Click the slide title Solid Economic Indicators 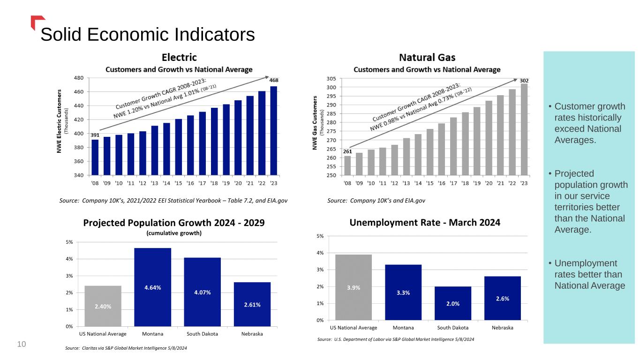coord(148,35)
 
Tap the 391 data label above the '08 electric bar coord(95,135)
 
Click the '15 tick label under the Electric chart coord(178,183)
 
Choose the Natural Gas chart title coord(427,58)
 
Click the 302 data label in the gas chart coord(524,81)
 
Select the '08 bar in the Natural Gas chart coord(347,165)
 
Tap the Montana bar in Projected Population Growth coord(152,287)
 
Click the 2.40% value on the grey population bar coord(103,307)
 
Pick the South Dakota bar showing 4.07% coord(202,292)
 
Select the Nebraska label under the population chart coord(252,334)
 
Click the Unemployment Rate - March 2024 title coord(425,223)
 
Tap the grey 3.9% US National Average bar coord(354,287)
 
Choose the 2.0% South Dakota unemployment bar coord(452,303)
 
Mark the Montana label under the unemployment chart coord(403,328)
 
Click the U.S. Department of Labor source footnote coord(396,339)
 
